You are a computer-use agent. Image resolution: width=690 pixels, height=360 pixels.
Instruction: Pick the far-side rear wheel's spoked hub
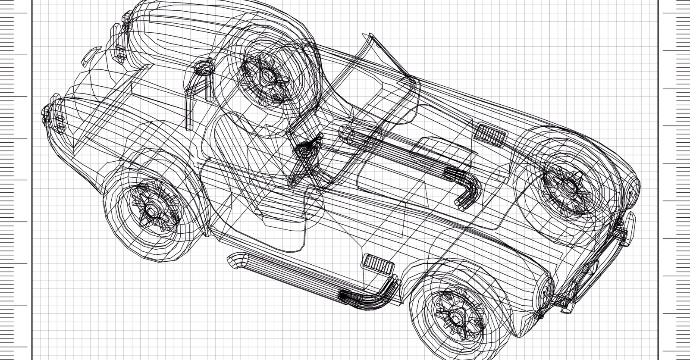coord(267,77)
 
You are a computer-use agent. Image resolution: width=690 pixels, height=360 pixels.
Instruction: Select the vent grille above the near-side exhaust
coord(378,264)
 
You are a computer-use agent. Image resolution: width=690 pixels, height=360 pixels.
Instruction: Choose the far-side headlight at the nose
coord(632,190)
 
